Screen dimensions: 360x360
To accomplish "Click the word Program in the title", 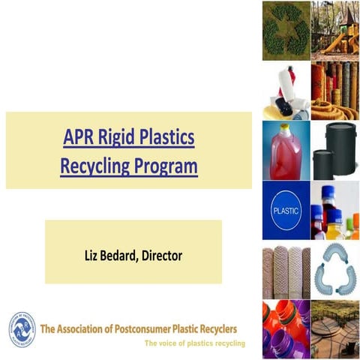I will [x=167, y=165].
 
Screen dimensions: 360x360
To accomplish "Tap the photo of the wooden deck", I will [x=334, y=330].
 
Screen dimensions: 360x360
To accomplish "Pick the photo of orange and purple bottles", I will [x=285, y=330].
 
